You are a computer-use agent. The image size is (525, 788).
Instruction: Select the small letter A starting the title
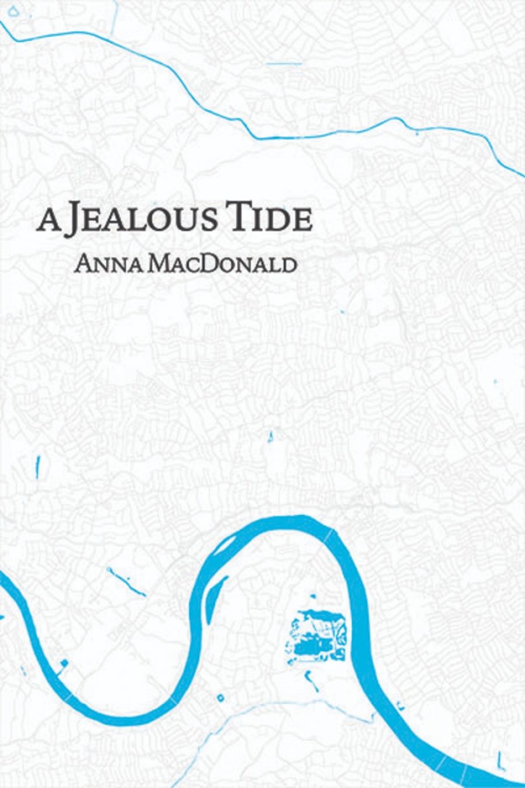pos(46,224)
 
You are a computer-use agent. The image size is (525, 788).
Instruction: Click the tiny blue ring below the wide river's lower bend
pos(222,696)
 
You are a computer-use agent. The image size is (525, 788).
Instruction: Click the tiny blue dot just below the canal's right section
pos(416,134)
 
